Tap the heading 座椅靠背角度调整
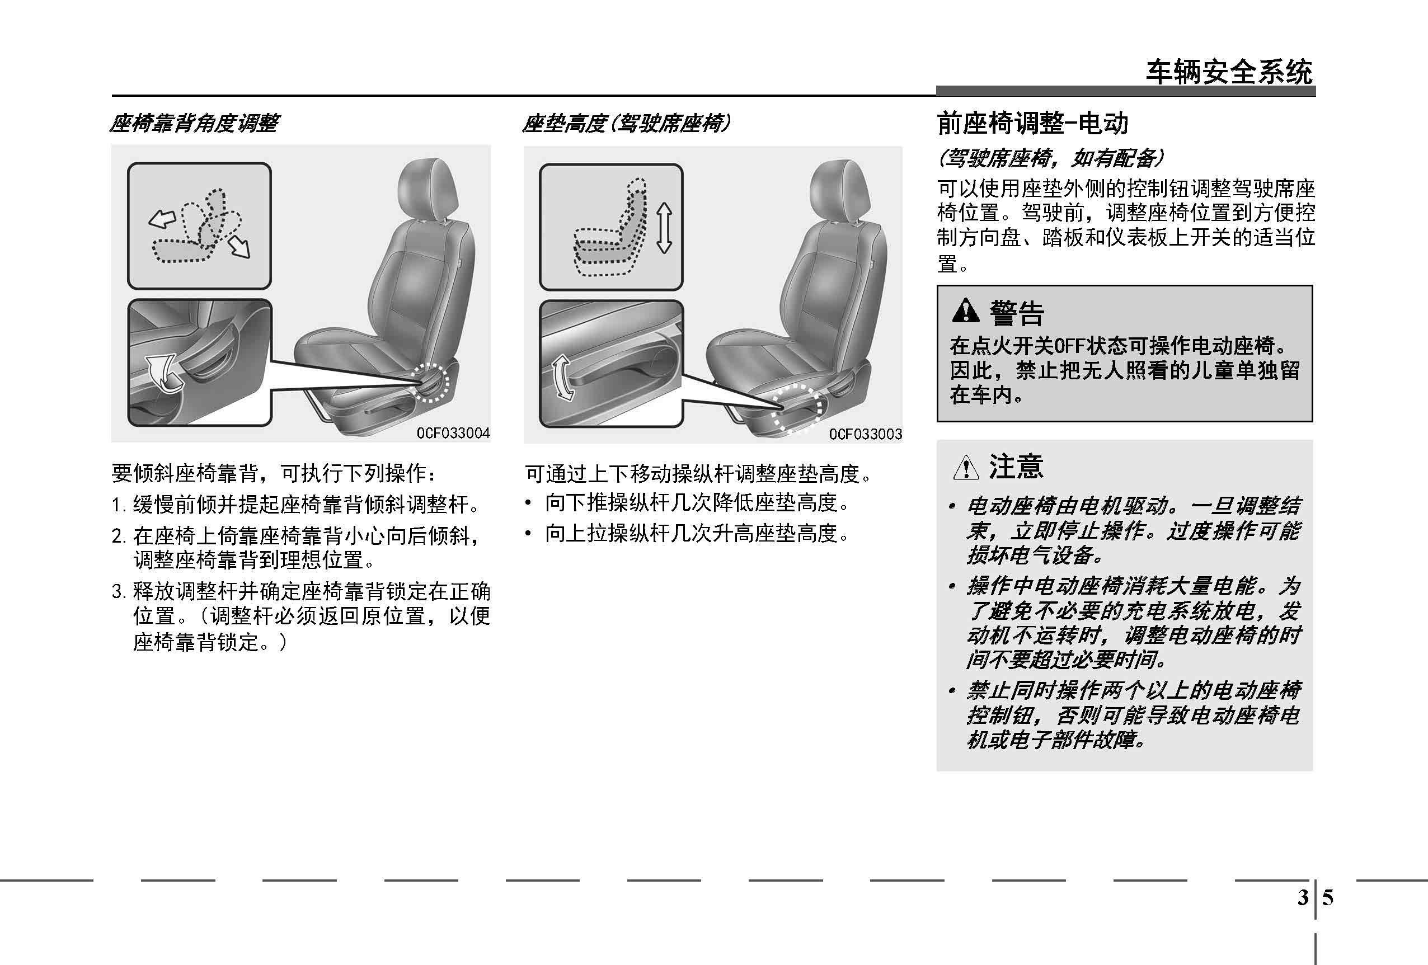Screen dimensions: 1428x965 point(194,124)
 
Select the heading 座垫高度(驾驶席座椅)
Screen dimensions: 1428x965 point(626,124)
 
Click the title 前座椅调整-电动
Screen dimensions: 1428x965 point(1033,123)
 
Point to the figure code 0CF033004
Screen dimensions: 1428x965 point(453,433)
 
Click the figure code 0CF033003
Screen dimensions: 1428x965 point(865,434)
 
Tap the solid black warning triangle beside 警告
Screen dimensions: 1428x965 point(965,311)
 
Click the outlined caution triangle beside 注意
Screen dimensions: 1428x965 point(966,468)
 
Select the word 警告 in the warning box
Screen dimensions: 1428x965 point(1017,313)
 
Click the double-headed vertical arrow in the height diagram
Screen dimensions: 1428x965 point(664,228)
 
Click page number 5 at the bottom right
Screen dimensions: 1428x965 point(1328,898)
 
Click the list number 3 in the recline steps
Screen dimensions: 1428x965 point(118,591)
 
